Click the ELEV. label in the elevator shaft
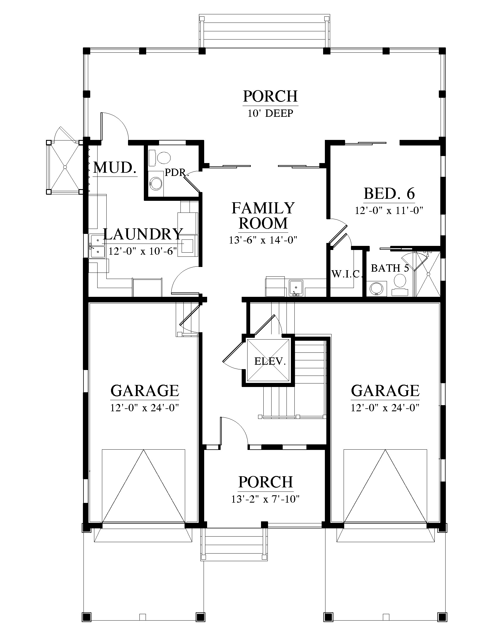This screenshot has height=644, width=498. (x=270, y=361)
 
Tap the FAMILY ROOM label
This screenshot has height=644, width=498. (x=263, y=215)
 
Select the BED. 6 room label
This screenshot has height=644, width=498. (x=389, y=193)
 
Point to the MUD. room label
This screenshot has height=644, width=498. (x=115, y=168)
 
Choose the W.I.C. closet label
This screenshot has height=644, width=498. (x=346, y=274)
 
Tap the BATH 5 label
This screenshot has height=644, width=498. (x=390, y=268)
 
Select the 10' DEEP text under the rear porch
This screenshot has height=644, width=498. (x=270, y=113)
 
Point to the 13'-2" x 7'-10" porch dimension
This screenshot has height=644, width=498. (x=265, y=499)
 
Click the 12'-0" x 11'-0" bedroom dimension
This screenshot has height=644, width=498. (x=389, y=210)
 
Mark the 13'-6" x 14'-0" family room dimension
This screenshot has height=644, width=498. (x=263, y=240)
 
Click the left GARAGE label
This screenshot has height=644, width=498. (x=144, y=391)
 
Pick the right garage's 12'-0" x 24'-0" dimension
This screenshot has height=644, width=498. (x=385, y=408)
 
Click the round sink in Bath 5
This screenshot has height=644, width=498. (x=376, y=288)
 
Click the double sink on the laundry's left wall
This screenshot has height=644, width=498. (x=97, y=246)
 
